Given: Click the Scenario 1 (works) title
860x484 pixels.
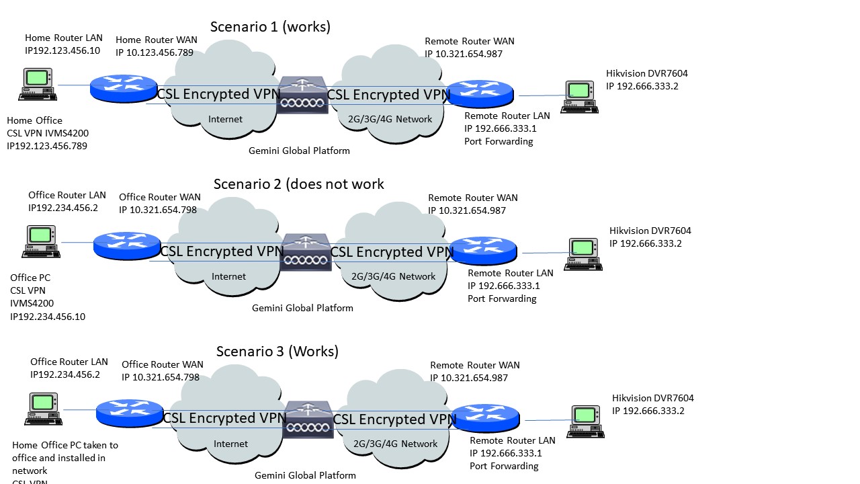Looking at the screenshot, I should tap(270, 27).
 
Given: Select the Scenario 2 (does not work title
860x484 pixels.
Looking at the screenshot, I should tap(298, 184).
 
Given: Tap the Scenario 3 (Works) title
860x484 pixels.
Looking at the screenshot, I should tap(277, 352).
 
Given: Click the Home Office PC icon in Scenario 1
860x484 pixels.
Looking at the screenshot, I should tap(37, 85).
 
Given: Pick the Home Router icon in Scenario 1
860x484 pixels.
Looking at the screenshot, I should tap(124, 88).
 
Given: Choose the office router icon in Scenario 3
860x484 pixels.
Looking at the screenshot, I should tap(129, 412).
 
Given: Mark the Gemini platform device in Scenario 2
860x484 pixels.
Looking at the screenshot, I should tap(306, 251).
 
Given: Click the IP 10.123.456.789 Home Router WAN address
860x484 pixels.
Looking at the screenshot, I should tap(155, 52).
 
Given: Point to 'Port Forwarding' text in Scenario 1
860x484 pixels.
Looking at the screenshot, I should tap(499, 142).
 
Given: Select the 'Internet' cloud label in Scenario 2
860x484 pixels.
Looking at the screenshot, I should tap(228, 276).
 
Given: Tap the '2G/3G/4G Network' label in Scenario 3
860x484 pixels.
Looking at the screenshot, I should tap(396, 444).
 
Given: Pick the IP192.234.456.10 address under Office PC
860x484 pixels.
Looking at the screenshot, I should tap(48, 317).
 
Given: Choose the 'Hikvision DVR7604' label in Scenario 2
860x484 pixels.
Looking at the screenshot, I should tap(650, 231).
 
